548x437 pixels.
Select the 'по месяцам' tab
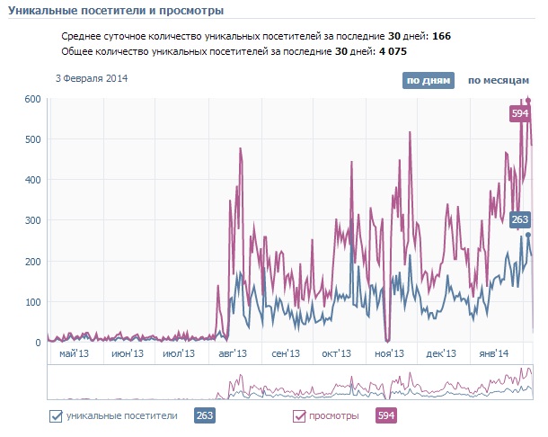pyautogui.click(x=498, y=81)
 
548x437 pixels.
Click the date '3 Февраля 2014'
pyautogui.click(x=92, y=79)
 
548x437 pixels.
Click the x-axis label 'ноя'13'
pyautogui.click(x=389, y=354)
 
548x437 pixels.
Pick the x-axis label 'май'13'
pyautogui.click(x=74, y=354)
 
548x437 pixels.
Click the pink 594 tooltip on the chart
pyautogui.click(x=519, y=113)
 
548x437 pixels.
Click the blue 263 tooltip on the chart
pyautogui.click(x=519, y=218)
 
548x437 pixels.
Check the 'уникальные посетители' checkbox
pyautogui.click(x=56, y=415)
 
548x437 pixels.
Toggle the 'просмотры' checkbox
pyautogui.click(x=299, y=415)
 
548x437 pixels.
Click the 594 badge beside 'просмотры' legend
pyautogui.click(x=385, y=415)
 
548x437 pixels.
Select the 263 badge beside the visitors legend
pyautogui.click(x=204, y=415)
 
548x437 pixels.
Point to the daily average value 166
pyautogui.click(x=441, y=37)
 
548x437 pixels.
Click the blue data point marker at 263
pyautogui.click(x=529, y=235)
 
